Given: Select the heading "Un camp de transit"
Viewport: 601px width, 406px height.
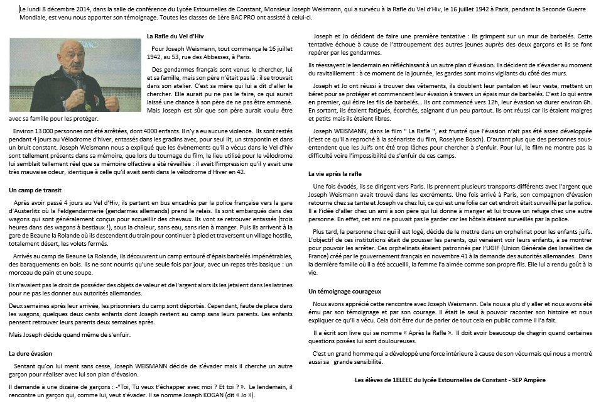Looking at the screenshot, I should click(x=35, y=189).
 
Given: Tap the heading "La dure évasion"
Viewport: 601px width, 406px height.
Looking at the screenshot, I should click(x=31, y=354).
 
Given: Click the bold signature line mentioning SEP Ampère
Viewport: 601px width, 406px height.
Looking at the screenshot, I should click(x=450, y=380).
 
